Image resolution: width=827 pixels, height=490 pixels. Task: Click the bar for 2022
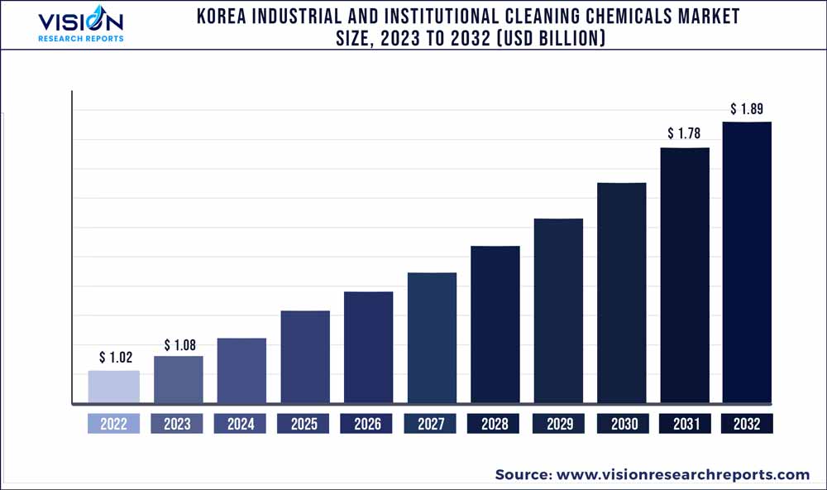[114, 387]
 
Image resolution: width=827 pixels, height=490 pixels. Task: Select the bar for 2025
[305, 357]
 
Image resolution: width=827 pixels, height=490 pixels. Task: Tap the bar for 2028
[495, 324]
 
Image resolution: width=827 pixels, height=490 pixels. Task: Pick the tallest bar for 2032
[747, 262]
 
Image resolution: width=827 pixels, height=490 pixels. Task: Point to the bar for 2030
[622, 293]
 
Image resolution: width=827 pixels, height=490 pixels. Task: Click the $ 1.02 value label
[114, 358]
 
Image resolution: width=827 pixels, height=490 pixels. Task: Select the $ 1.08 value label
[179, 344]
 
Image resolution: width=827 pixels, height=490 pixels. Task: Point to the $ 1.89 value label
[747, 108]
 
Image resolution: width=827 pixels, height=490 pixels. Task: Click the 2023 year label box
[177, 424]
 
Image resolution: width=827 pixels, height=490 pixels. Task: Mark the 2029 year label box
[559, 424]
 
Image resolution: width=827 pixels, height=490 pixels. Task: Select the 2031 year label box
[685, 424]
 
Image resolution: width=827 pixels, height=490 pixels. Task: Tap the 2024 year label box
[241, 424]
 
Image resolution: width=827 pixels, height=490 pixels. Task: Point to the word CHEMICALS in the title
[615, 17]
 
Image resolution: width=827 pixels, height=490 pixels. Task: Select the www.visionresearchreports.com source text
[683, 474]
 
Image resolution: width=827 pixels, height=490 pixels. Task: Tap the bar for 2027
[432, 338]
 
